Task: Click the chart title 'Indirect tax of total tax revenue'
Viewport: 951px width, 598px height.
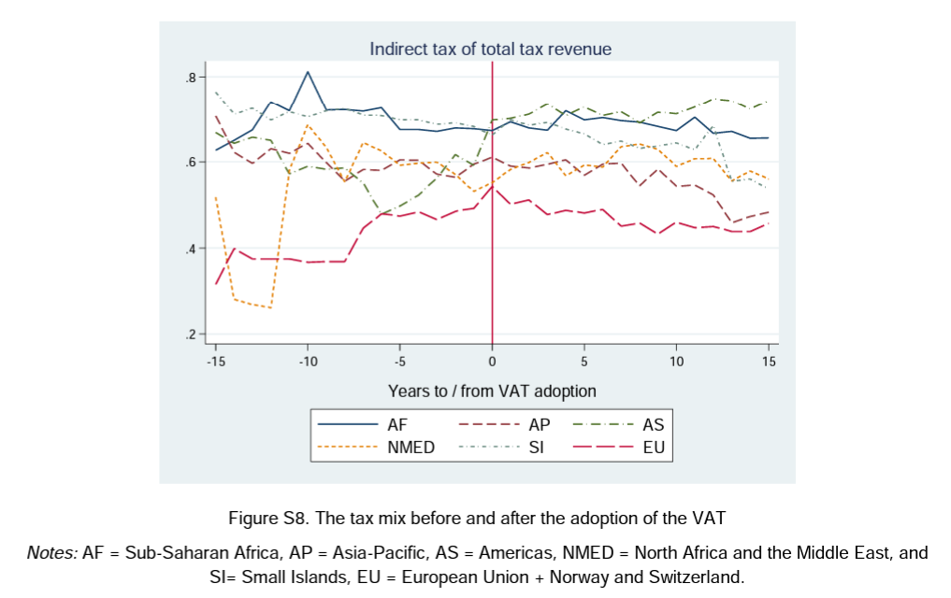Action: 490,49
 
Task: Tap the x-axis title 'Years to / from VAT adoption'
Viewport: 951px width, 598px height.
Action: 492,391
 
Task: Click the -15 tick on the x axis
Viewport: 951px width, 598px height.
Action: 215,360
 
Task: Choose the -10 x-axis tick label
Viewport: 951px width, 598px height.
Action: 308,360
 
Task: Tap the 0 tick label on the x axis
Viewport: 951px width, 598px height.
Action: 492,360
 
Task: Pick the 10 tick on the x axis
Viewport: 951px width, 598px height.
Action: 676,360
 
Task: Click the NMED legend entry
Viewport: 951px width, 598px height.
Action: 411,448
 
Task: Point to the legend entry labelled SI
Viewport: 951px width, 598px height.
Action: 537,448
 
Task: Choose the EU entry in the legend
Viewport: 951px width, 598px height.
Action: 654,448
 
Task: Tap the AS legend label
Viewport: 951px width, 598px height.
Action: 654,424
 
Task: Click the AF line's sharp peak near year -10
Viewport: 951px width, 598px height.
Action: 308,72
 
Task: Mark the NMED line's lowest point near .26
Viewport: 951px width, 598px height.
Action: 270,307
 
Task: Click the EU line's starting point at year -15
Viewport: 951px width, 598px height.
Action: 216,284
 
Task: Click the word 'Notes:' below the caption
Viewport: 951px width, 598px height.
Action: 52,552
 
